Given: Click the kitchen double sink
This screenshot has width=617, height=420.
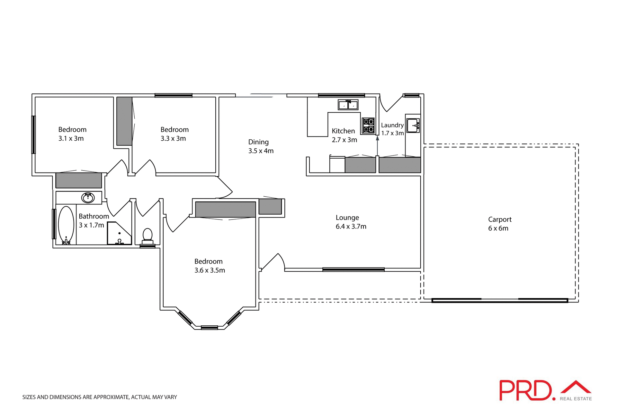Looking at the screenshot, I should pos(348,105).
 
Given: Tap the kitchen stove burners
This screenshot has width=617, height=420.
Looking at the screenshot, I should pos(369,126).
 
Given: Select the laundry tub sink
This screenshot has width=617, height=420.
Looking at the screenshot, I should pos(413,126).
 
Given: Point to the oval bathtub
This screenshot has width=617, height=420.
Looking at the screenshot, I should pos(66,225).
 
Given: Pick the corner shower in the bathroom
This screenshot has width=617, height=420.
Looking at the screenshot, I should pos(119,233).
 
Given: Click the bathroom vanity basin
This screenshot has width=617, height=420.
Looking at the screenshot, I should pos(88,197).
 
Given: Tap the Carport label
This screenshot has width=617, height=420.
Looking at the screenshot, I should pos(500,219).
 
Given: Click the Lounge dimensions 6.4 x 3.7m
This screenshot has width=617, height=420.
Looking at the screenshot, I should pos(351,227).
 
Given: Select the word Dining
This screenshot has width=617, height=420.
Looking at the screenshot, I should pos(258,142).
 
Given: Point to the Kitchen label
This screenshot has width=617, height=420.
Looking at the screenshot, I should pos(343,131).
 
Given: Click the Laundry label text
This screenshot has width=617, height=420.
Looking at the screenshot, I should pos(392,125).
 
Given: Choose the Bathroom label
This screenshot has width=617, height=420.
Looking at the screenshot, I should pos(94,216).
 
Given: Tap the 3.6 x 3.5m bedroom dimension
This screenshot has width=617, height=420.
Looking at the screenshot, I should pos(210,270).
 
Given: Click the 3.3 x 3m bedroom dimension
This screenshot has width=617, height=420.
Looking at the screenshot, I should pos(173,139).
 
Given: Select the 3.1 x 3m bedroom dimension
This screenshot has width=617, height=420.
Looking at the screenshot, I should pos(71,139).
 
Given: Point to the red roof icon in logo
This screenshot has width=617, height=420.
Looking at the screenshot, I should pos(576,387).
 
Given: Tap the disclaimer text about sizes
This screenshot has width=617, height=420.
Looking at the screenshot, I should pos(100,397).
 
